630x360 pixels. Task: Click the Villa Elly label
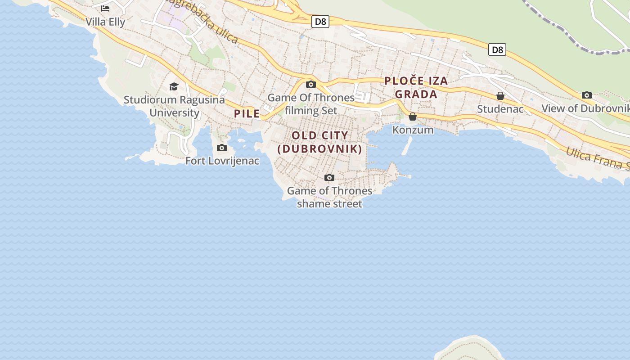pyautogui.click(x=105, y=22)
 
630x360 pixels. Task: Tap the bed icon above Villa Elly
pyautogui.click(x=105, y=8)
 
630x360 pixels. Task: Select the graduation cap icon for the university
pyautogui.click(x=174, y=86)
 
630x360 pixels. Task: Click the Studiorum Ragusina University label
pyautogui.click(x=174, y=106)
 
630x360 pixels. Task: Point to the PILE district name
pyautogui.click(x=247, y=114)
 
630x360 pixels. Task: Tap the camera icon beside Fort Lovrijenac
pyautogui.click(x=222, y=148)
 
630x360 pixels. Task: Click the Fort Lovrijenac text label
pyautogui.click(x=222, y=161)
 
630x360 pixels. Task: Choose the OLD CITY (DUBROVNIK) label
pyautogui.click(x=320, y=142)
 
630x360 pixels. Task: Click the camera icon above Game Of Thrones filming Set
pyautogui.click(x=310, y=84)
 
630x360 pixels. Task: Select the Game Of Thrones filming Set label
pyautogui.click(x=311, y=104)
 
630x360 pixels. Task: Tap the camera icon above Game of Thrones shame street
pyautogui.click(x=329, y=177)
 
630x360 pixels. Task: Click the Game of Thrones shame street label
pyautogui.click(x=329, y=197)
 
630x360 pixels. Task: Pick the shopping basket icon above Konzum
pyautogui.click(x=413, y=117)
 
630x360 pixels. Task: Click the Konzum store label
pyautogui.click(x=413, y=130)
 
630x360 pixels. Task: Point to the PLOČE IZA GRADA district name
pyautogui.click(x=416, y=88)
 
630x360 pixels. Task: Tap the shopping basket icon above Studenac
pyautogui.click(x=500, y=96)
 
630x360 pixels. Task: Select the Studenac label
pyautogui.click(x=500, y=109)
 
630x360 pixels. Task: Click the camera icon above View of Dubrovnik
pyautogui.click(x=587, y=95)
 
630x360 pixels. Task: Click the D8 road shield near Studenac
pyautogui.click(x=497, y=49)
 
